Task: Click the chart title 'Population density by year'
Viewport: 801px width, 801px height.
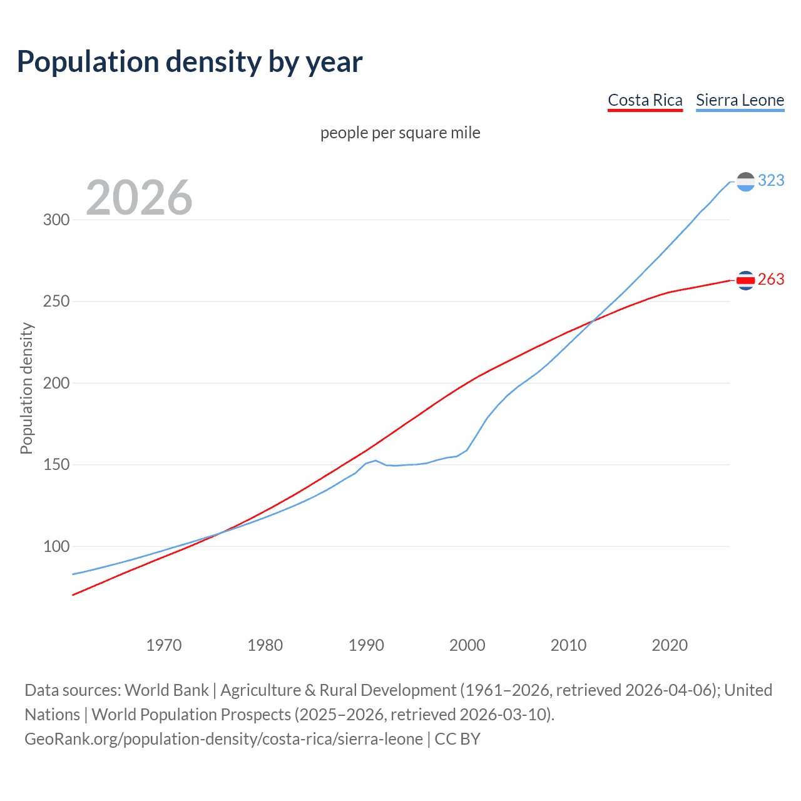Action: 190,62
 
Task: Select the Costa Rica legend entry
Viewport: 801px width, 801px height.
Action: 645,100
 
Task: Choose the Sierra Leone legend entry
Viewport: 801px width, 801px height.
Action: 740,100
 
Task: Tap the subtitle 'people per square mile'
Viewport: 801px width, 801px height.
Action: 400,133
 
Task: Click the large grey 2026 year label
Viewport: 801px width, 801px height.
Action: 139,198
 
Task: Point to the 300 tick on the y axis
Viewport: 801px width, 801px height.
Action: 56,220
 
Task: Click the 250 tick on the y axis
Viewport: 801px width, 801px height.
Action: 56,302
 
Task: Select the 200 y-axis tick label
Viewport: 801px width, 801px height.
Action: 56,383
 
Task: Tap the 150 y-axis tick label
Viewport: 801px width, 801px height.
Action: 56,465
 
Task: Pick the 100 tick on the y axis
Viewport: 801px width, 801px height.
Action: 56,546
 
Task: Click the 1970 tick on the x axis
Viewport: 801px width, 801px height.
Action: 164,645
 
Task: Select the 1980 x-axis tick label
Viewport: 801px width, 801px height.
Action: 265,645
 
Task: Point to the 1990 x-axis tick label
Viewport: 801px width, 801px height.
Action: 366,645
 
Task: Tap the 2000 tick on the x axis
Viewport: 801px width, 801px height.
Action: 467,645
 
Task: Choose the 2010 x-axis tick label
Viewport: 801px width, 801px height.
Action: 568,645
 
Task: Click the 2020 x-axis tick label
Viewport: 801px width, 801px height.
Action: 670,645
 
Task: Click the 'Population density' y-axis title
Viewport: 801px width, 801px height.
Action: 26,388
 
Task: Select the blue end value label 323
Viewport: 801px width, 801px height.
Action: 771,181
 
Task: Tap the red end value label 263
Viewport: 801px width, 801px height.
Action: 771,280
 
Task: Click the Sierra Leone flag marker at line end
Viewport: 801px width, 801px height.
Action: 745,181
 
